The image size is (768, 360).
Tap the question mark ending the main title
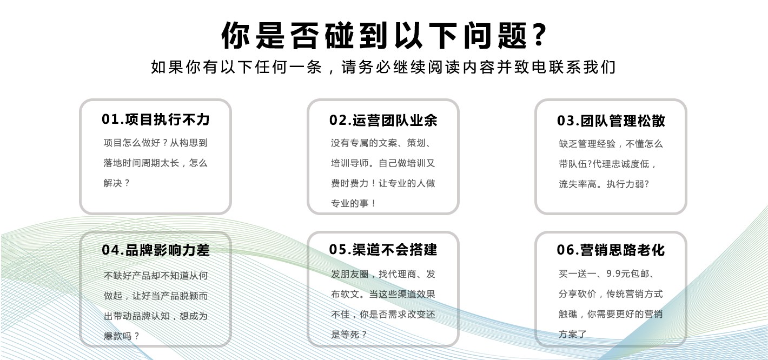click(x=539, y=35)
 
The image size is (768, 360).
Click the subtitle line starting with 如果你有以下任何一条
click(x=383, y=68)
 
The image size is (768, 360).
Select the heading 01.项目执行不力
click(x=156, y=119)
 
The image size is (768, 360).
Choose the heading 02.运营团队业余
click(x=383, y=121)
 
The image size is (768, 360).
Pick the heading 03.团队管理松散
click(x=611, y=121)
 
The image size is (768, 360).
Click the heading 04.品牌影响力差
click(x=156, y=250)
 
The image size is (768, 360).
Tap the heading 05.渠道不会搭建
click(x=383, y=249)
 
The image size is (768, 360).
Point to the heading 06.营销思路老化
click(x=611, y=250)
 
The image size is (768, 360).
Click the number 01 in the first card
click(x=110, y=119)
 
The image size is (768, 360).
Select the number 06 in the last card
click(x=566, y=250)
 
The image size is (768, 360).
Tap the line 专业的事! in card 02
click(x=354, y=204)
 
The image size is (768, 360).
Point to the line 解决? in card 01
click(x=117, y=183)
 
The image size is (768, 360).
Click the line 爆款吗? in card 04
click(x=122, y=336)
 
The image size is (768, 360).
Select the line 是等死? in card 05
click(x=349, y=335)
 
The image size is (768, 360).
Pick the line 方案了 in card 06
click(x=573, y=335)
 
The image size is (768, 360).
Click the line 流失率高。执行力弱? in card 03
click(x=604, y=184)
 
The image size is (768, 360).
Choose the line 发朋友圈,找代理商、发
click(x=383, y=274)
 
